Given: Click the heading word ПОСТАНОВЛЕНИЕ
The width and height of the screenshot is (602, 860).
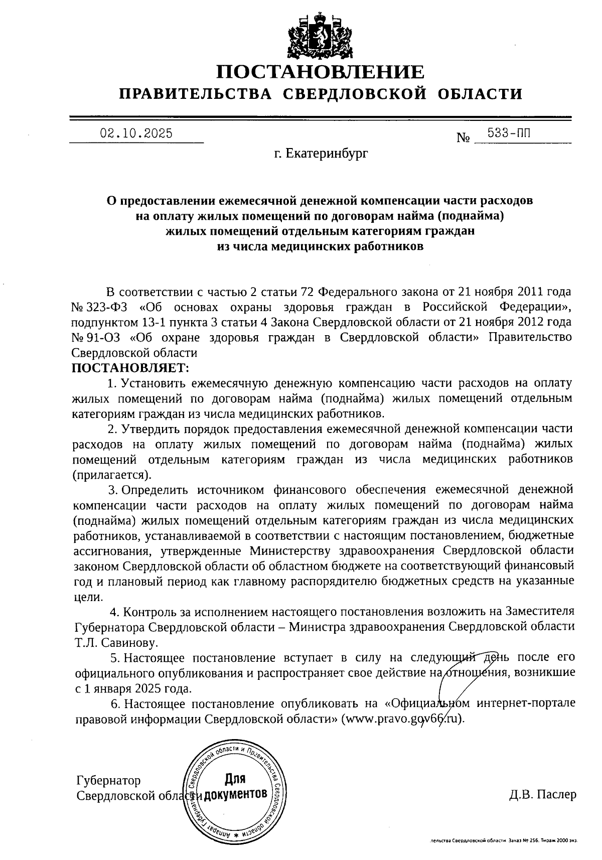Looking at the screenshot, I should (320, 73).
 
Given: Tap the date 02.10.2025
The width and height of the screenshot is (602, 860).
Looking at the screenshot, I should (136, 133).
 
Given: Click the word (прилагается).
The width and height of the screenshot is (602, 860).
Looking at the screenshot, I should (112, 474).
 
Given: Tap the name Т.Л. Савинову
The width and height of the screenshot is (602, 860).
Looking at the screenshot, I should (116, 642).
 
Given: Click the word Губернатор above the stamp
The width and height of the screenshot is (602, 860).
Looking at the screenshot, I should (108, 781).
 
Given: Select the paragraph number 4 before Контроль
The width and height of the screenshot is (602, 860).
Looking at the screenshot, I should (114, 612).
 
